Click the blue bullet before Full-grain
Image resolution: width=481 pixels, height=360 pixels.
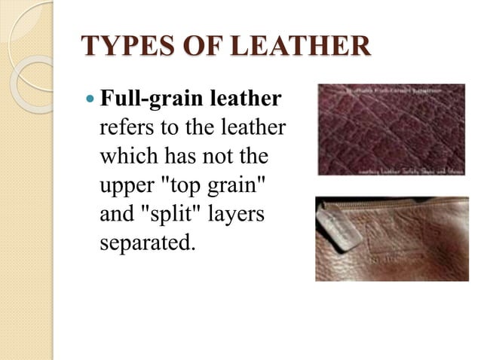(x=90, y=99)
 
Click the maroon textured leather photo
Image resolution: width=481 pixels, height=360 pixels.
(x=390, y=129)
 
